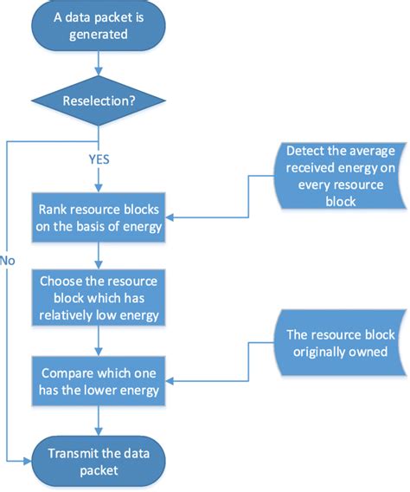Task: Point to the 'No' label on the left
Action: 9,259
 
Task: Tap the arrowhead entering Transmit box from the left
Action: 29,464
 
